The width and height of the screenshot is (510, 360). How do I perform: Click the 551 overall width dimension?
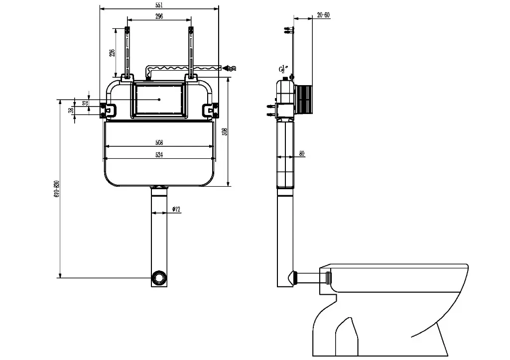click(159, 4)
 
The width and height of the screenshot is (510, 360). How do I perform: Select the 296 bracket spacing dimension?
click(159, 16)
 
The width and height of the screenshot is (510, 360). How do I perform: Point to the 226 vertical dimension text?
click(113, 52)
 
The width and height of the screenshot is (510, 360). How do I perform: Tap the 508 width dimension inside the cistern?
click(159, 142)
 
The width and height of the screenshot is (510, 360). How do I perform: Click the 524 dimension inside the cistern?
click(159, 155)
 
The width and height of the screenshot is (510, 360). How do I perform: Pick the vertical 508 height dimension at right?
click(225, 131)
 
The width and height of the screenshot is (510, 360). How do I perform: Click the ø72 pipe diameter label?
click(175, 210)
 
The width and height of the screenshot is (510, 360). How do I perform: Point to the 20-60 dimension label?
click(323, 15)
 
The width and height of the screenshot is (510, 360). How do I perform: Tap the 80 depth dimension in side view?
click(302, 153)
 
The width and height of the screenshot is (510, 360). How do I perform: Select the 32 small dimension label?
click(85, 103)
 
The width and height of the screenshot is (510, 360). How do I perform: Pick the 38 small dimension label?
click(71, 110)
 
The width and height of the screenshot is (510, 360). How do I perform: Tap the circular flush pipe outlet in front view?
click(159, 277)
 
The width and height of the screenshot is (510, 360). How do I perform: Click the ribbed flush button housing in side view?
click(305, 99)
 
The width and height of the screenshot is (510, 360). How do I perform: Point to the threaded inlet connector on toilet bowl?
click(327, 277)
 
